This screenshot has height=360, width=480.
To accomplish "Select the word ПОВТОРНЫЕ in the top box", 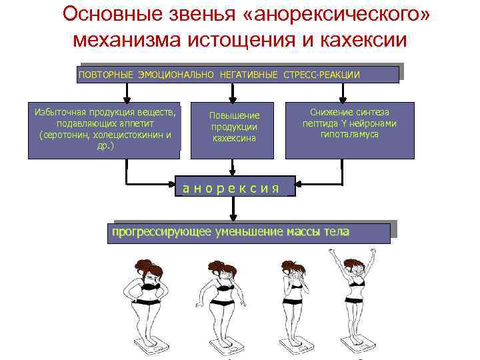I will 106,74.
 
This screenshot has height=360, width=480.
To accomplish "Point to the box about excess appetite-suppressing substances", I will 104,130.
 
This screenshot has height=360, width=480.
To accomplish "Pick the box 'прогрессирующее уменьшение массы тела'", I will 248,233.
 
